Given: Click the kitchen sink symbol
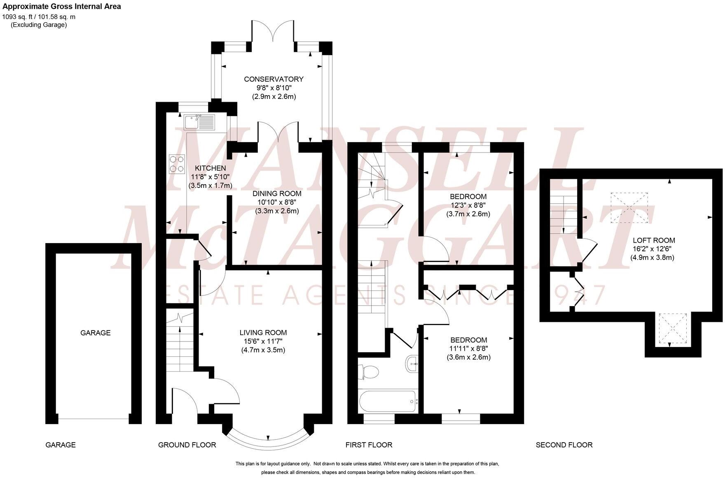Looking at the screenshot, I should click(200, 122).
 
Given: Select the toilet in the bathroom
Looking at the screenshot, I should click(369, 372).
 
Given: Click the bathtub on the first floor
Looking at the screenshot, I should click(388, 401).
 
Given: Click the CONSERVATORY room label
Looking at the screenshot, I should click(274, 79).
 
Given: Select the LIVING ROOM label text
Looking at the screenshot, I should click(263, 333).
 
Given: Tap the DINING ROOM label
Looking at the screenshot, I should click(277, 193).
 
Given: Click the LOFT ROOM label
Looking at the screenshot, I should click(654, 240).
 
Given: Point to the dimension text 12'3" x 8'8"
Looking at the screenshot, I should click(468, 205).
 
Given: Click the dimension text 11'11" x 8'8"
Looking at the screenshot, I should click(468, 349).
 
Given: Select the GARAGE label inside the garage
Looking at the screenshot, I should click(95, 333).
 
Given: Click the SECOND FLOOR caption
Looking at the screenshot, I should click(564, 445).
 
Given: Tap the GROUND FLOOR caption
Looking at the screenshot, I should click(187, 445).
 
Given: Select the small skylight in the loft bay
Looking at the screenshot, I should click(673, 328).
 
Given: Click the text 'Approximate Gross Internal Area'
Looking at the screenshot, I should click(62, 7).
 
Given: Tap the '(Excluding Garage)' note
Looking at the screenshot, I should click(39, 25).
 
